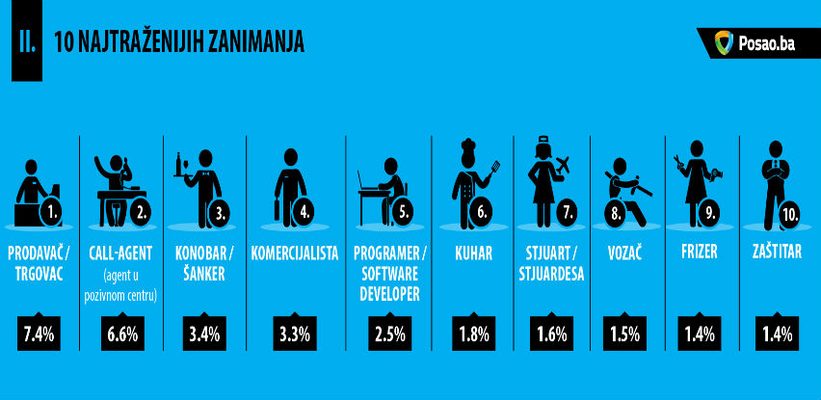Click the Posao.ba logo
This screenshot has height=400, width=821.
click(754, 43)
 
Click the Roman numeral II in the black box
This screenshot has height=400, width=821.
click(27, 40)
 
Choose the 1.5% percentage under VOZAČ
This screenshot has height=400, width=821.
click(624, 334)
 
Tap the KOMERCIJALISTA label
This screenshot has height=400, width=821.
click(295, 254)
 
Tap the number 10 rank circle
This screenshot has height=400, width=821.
click(792, 216)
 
